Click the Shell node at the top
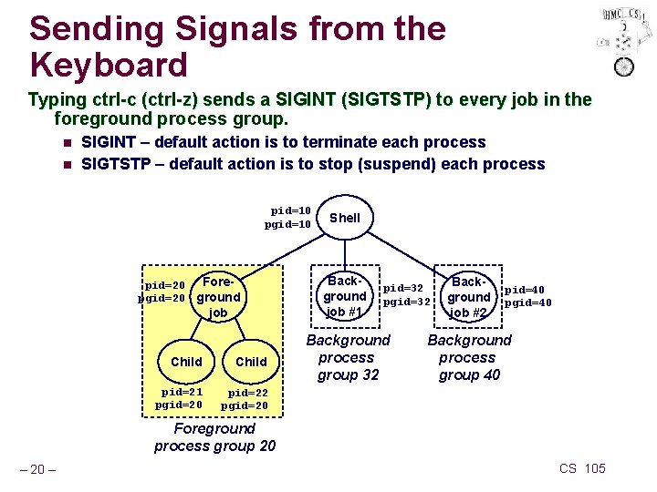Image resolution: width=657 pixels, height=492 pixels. tap(345, 218)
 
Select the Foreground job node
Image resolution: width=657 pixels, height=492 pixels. tap(218, 297)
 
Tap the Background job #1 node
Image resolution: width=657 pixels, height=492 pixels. tap(345, 296)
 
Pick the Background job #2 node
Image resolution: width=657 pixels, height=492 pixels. tap(469, 297)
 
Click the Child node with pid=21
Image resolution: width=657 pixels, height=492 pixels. tap(186, 362)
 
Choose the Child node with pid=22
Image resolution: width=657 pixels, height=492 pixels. tap(251, 362)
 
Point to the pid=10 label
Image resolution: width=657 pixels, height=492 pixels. tap(291, 210)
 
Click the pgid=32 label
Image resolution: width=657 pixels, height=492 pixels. tap(406, 302)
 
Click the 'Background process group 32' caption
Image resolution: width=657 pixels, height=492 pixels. tap(348, 357)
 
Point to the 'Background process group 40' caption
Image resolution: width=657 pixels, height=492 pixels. tap(469, 357)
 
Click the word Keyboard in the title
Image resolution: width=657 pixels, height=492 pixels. tap(109, 65)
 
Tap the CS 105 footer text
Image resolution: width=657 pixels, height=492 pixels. tap(582, 468)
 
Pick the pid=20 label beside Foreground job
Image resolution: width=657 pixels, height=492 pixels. tap(165, 284)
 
